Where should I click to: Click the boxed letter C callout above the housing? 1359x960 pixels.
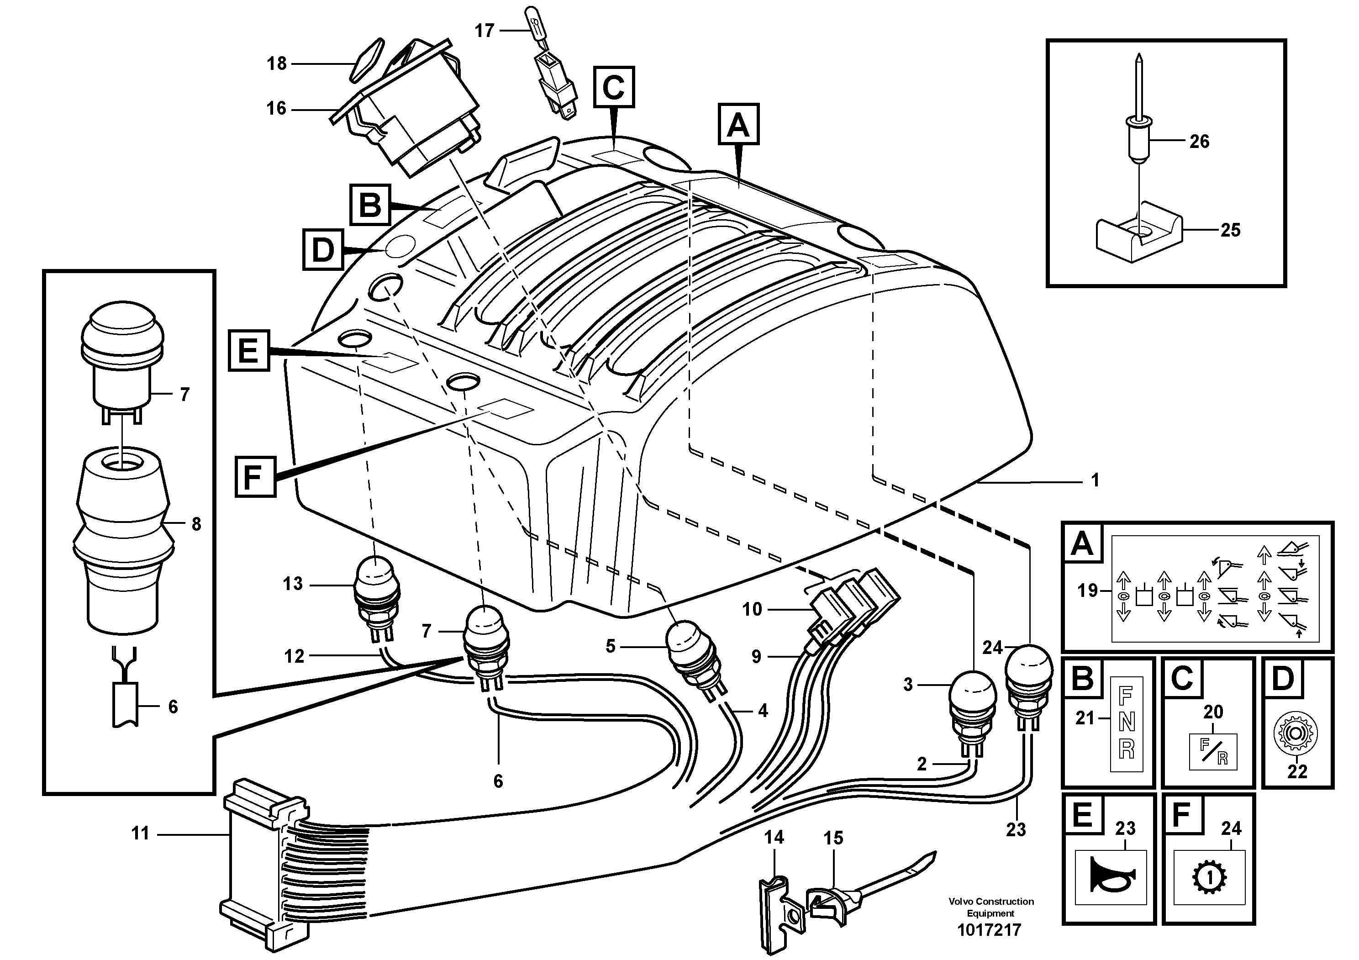614,87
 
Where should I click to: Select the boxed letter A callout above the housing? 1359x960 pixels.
738,124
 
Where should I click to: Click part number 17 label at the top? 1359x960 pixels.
484,31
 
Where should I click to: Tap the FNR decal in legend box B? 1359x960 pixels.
1127,723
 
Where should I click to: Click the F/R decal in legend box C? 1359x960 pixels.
1213,752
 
